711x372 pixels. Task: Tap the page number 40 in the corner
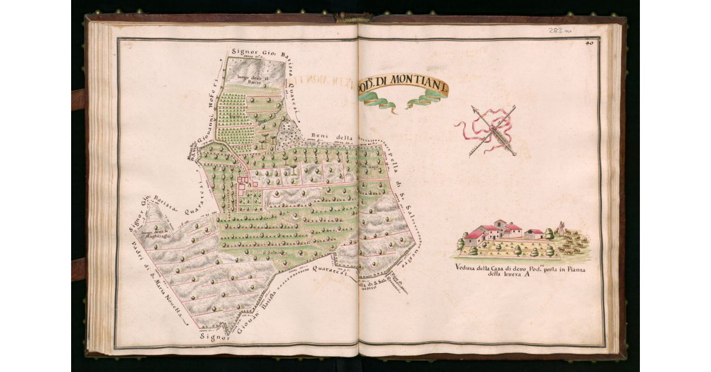tap(590, 42)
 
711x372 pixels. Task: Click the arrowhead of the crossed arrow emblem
tap(475, 110)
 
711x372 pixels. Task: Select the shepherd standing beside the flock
tap(559, 229)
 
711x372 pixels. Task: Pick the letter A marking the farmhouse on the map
tap(249, 184)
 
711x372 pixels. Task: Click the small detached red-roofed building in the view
tap(534, 233)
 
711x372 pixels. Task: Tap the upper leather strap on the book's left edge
tap(78, 100)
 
